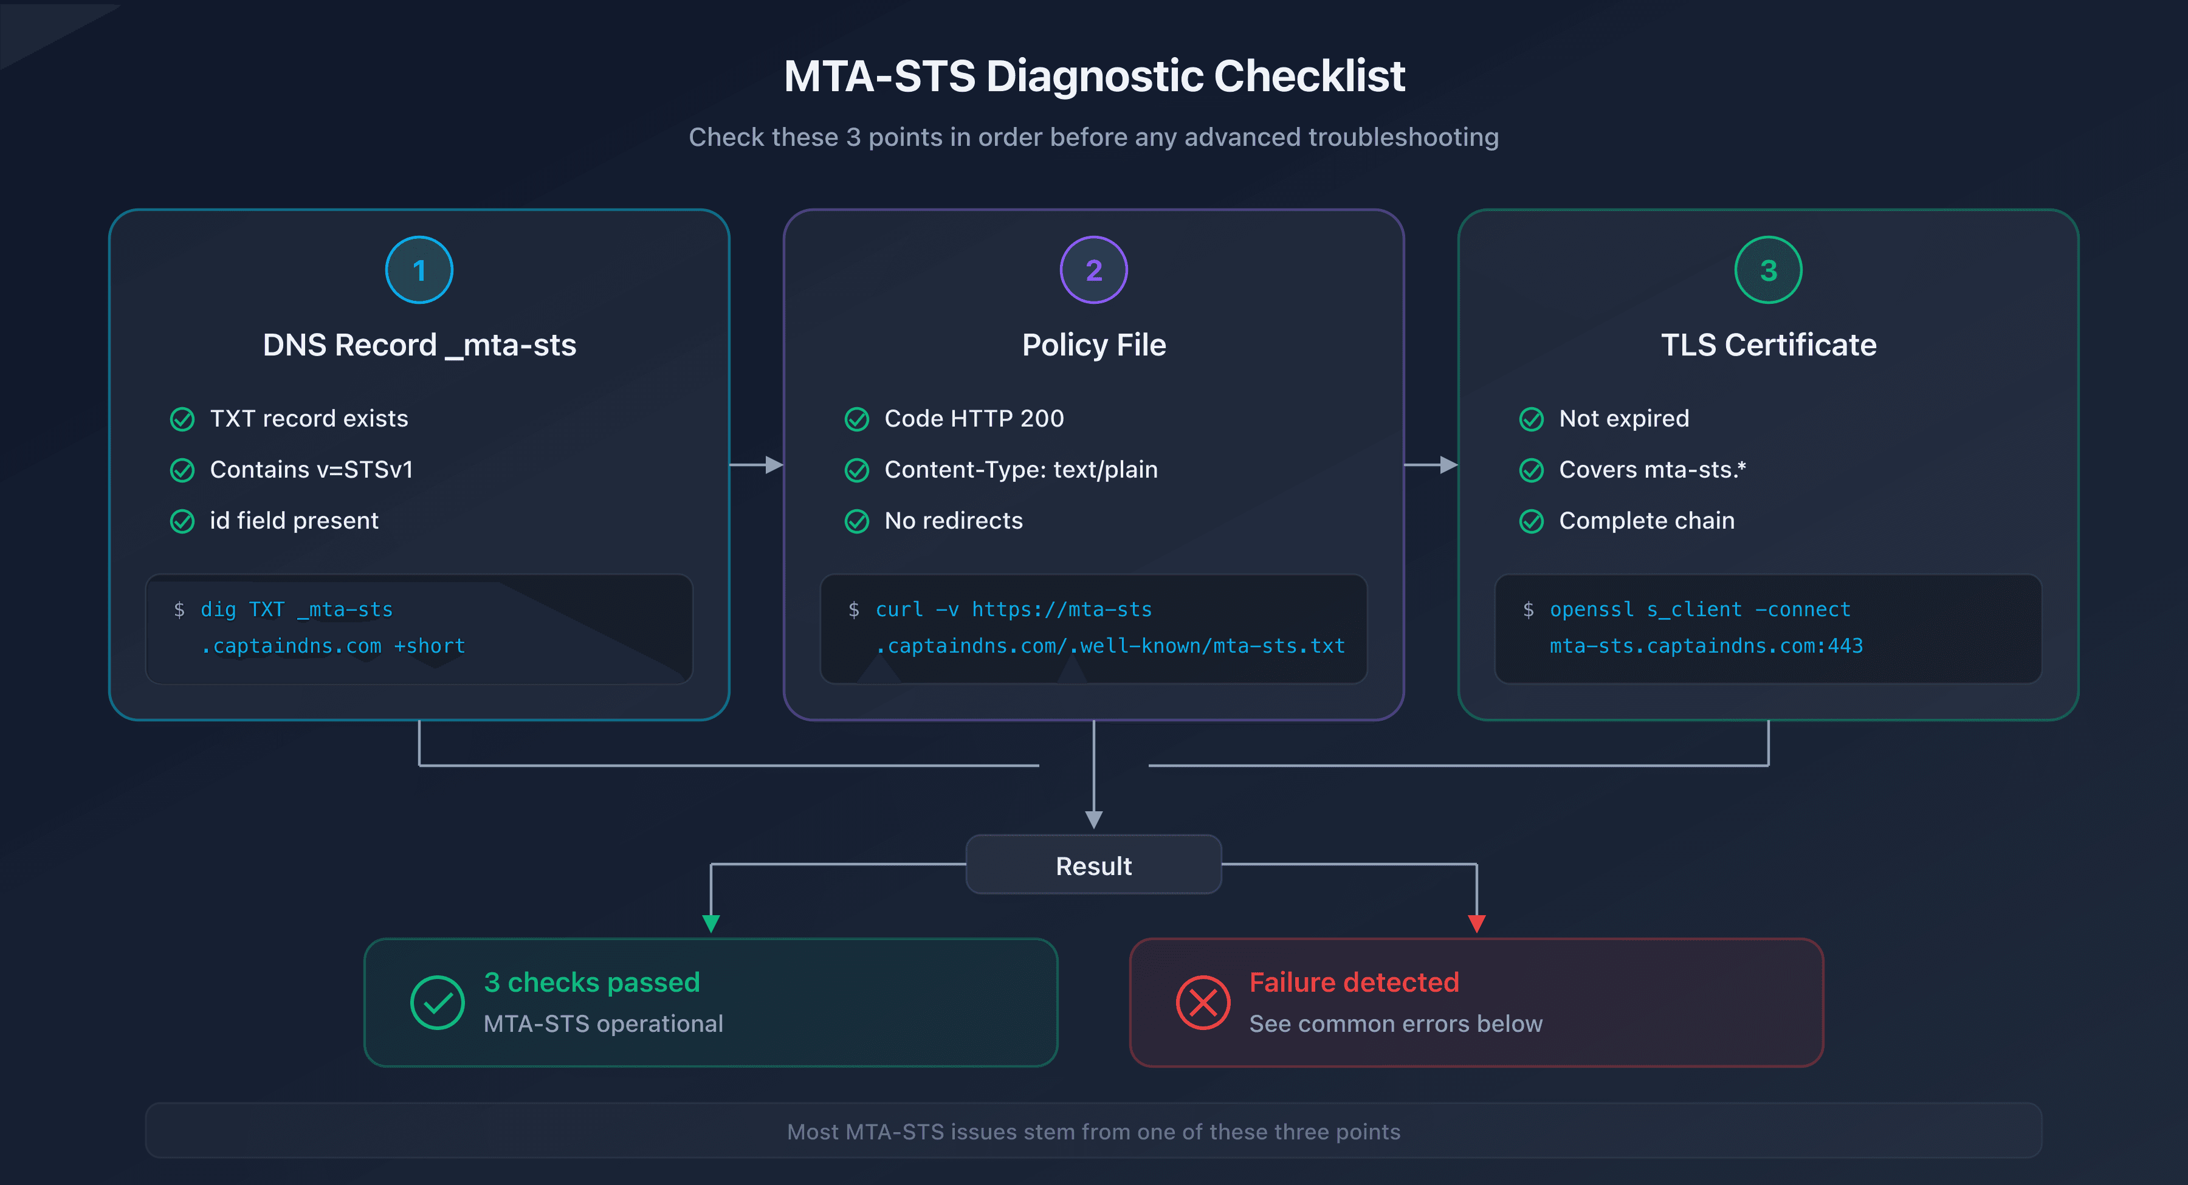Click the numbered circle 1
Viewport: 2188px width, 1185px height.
click(x=419, y=270)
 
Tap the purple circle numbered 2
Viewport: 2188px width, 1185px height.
click(x=1093, y=270)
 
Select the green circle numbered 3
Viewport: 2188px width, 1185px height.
click(x=1767, y=270)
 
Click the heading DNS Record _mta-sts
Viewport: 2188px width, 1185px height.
click(x=419, y=345)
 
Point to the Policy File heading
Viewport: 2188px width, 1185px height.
click(x=1093, y=345)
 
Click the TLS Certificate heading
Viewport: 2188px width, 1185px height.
click(x=1767, y=345)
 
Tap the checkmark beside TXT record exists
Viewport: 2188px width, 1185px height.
click(x=182, y=419)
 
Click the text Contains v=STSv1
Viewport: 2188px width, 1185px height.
click(x=311, y=470)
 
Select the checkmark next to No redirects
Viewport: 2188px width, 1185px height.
click(x=856, y=521)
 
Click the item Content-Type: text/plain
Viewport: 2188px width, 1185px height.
click(x=1020, y=470)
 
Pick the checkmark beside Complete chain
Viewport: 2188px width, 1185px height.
click(x=1530, y=521)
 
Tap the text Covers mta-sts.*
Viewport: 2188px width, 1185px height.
click(x=1651, y=470)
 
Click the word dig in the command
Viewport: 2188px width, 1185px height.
click(x=218, y=610)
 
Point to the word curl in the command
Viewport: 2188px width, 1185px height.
click(x=899, y=610)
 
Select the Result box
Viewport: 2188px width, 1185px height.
click(x=1093, y=865)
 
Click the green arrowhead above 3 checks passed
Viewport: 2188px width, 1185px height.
click(x=711, y=923)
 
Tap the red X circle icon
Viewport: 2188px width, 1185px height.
click(x=1203, y=1002)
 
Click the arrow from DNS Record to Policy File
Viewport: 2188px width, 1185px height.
click(x=756, y=465)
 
